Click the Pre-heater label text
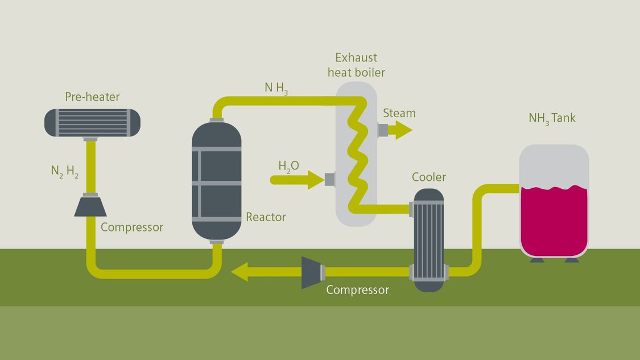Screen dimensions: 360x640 (92, 97)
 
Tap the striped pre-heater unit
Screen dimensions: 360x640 (92, 123)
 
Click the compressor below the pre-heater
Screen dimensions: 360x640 (90, 205)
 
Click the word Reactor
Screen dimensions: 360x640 (266, 217)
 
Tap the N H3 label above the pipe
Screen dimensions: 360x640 (276, 88)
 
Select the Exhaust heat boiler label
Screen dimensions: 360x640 (356, 65)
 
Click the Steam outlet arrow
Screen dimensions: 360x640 (400, 130)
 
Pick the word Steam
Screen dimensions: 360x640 (399, 113)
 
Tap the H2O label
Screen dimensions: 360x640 (288, 166)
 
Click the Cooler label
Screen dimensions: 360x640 (429, 177)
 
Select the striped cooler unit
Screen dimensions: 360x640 (428, 239)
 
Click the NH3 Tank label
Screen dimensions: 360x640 (552, 118)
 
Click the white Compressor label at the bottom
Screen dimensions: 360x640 (357, 290)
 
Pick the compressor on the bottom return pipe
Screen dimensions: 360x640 (312, 272)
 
